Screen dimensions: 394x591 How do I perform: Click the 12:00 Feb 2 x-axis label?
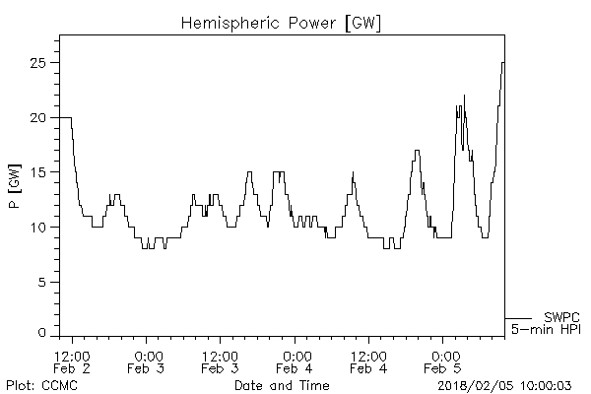pyautogui.click(x=72, y=361)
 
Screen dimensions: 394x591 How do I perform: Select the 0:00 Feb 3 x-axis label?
pyautogui.click(x=147, y=361)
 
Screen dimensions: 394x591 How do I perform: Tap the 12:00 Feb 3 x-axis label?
pyautogui.click(x=220, y=361)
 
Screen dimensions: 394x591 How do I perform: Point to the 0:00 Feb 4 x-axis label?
pyautogui.click(x=295, y=361)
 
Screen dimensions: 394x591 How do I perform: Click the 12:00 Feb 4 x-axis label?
pyautogui.click(x=368, y=361)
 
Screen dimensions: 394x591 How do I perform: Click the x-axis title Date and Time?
pyautogui.click(x=281, y=385)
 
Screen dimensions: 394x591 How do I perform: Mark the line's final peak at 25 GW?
pyautogui.click(x=502, y=63)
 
